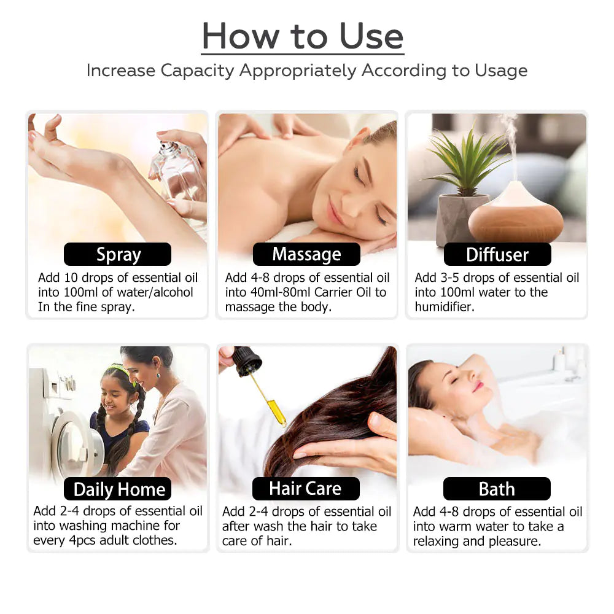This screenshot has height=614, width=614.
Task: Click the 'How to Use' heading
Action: click(303, 36)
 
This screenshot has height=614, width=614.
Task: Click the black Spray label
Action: click(118, 254)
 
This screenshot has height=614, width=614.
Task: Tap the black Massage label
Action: click(306, 254)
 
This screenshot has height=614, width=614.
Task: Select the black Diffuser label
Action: click(497, 254)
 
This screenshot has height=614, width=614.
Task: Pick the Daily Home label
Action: click(119, 489)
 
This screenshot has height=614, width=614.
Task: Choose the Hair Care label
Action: click(305, 489)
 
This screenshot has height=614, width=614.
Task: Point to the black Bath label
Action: click(497, 489)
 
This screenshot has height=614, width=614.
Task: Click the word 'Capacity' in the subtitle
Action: click(198, 71)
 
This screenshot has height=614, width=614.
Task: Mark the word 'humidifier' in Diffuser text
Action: click(444, 307)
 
